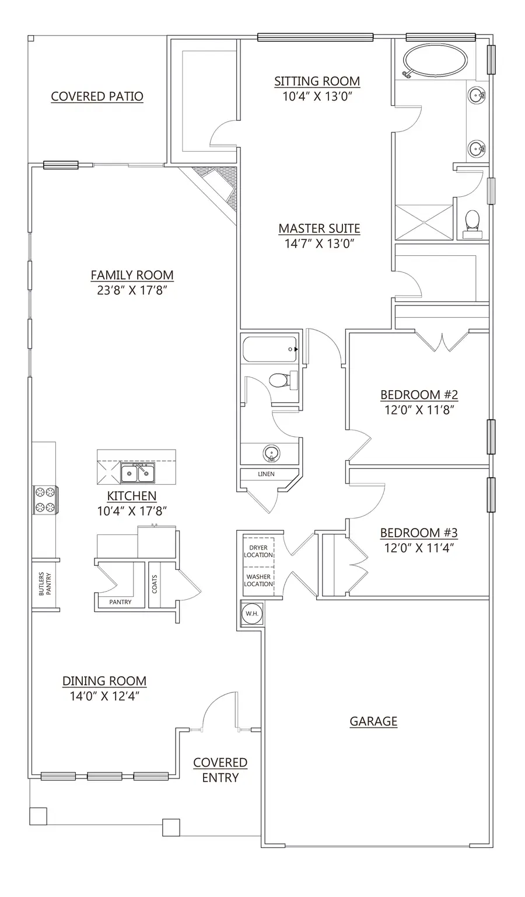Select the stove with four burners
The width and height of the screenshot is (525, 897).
[45, 500]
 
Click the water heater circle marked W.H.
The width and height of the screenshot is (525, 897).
[252, 613]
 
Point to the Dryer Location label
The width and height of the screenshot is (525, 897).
[258, 551]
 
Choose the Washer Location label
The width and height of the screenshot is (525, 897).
[258, 580]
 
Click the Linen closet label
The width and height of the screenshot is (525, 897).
[266, 474]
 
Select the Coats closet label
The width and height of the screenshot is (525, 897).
[155, 584]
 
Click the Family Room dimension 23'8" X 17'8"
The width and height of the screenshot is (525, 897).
[132, 290]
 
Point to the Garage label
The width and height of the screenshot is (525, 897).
[373, 721]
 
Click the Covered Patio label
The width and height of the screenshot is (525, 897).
[97, 96]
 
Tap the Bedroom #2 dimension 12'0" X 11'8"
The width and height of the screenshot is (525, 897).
[419, 410]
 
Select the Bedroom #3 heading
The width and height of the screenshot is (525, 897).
[419, 533]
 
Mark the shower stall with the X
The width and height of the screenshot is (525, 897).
[423, 222]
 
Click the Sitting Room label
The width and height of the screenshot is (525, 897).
[317, 81]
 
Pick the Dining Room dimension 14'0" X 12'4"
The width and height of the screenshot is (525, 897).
[104, 696]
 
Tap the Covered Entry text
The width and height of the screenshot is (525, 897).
[220, 770]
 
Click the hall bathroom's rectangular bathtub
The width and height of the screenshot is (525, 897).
[269, 350]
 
